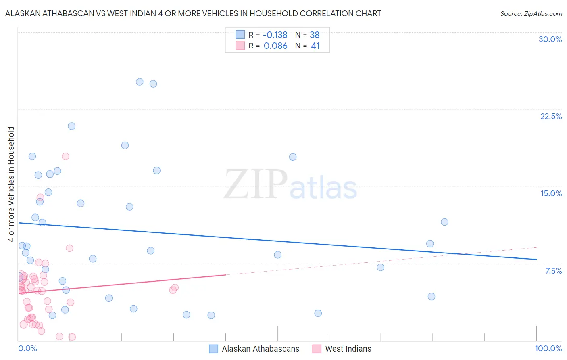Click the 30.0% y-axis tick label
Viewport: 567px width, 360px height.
pyautogui.click(x=550, y=39)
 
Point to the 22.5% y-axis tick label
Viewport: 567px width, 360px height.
pyautogui.click(x=551, y=116)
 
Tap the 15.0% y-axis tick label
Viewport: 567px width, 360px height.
pyautogui.click(x=551, y=193)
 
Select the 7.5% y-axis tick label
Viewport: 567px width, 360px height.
pyautogui.click(x=553, y=271)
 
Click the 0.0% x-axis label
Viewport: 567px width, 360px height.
pyautogui.click(x=27, y=348)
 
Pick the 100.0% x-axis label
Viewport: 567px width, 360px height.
pyautogui.click(x=548, y=348)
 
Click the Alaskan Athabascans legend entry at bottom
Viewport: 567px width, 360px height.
pyautogui.click(x=260, y=349)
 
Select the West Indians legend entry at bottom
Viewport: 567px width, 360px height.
pyautogui.click(x=348, y=349)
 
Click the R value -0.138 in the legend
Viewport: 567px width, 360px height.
pyautogui.click(x=275, y=35)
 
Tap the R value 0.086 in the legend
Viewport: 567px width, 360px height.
pyautogui.click(x=275, y=46)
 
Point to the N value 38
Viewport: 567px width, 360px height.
pyautogui.click(x=315, y=35)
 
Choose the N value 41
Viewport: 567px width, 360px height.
pyautogui.click(x=315, y=46)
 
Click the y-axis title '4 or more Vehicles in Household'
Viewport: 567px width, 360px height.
pyautogui.click(x=11, y=184)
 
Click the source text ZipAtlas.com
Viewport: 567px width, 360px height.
pyautogui.click(x=531, y=13)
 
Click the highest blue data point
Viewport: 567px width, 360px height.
pyautogui.click(x=140, y=82)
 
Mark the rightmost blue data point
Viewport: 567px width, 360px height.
pyautogui.click(x=444, y=222)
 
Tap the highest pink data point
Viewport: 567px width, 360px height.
pyautogui.click(x=65, y=156)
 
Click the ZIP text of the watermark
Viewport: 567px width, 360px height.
pyautogui.click(x=256, y=184)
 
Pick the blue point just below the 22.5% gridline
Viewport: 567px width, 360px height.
pyautogui.click(x=71, y=126)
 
